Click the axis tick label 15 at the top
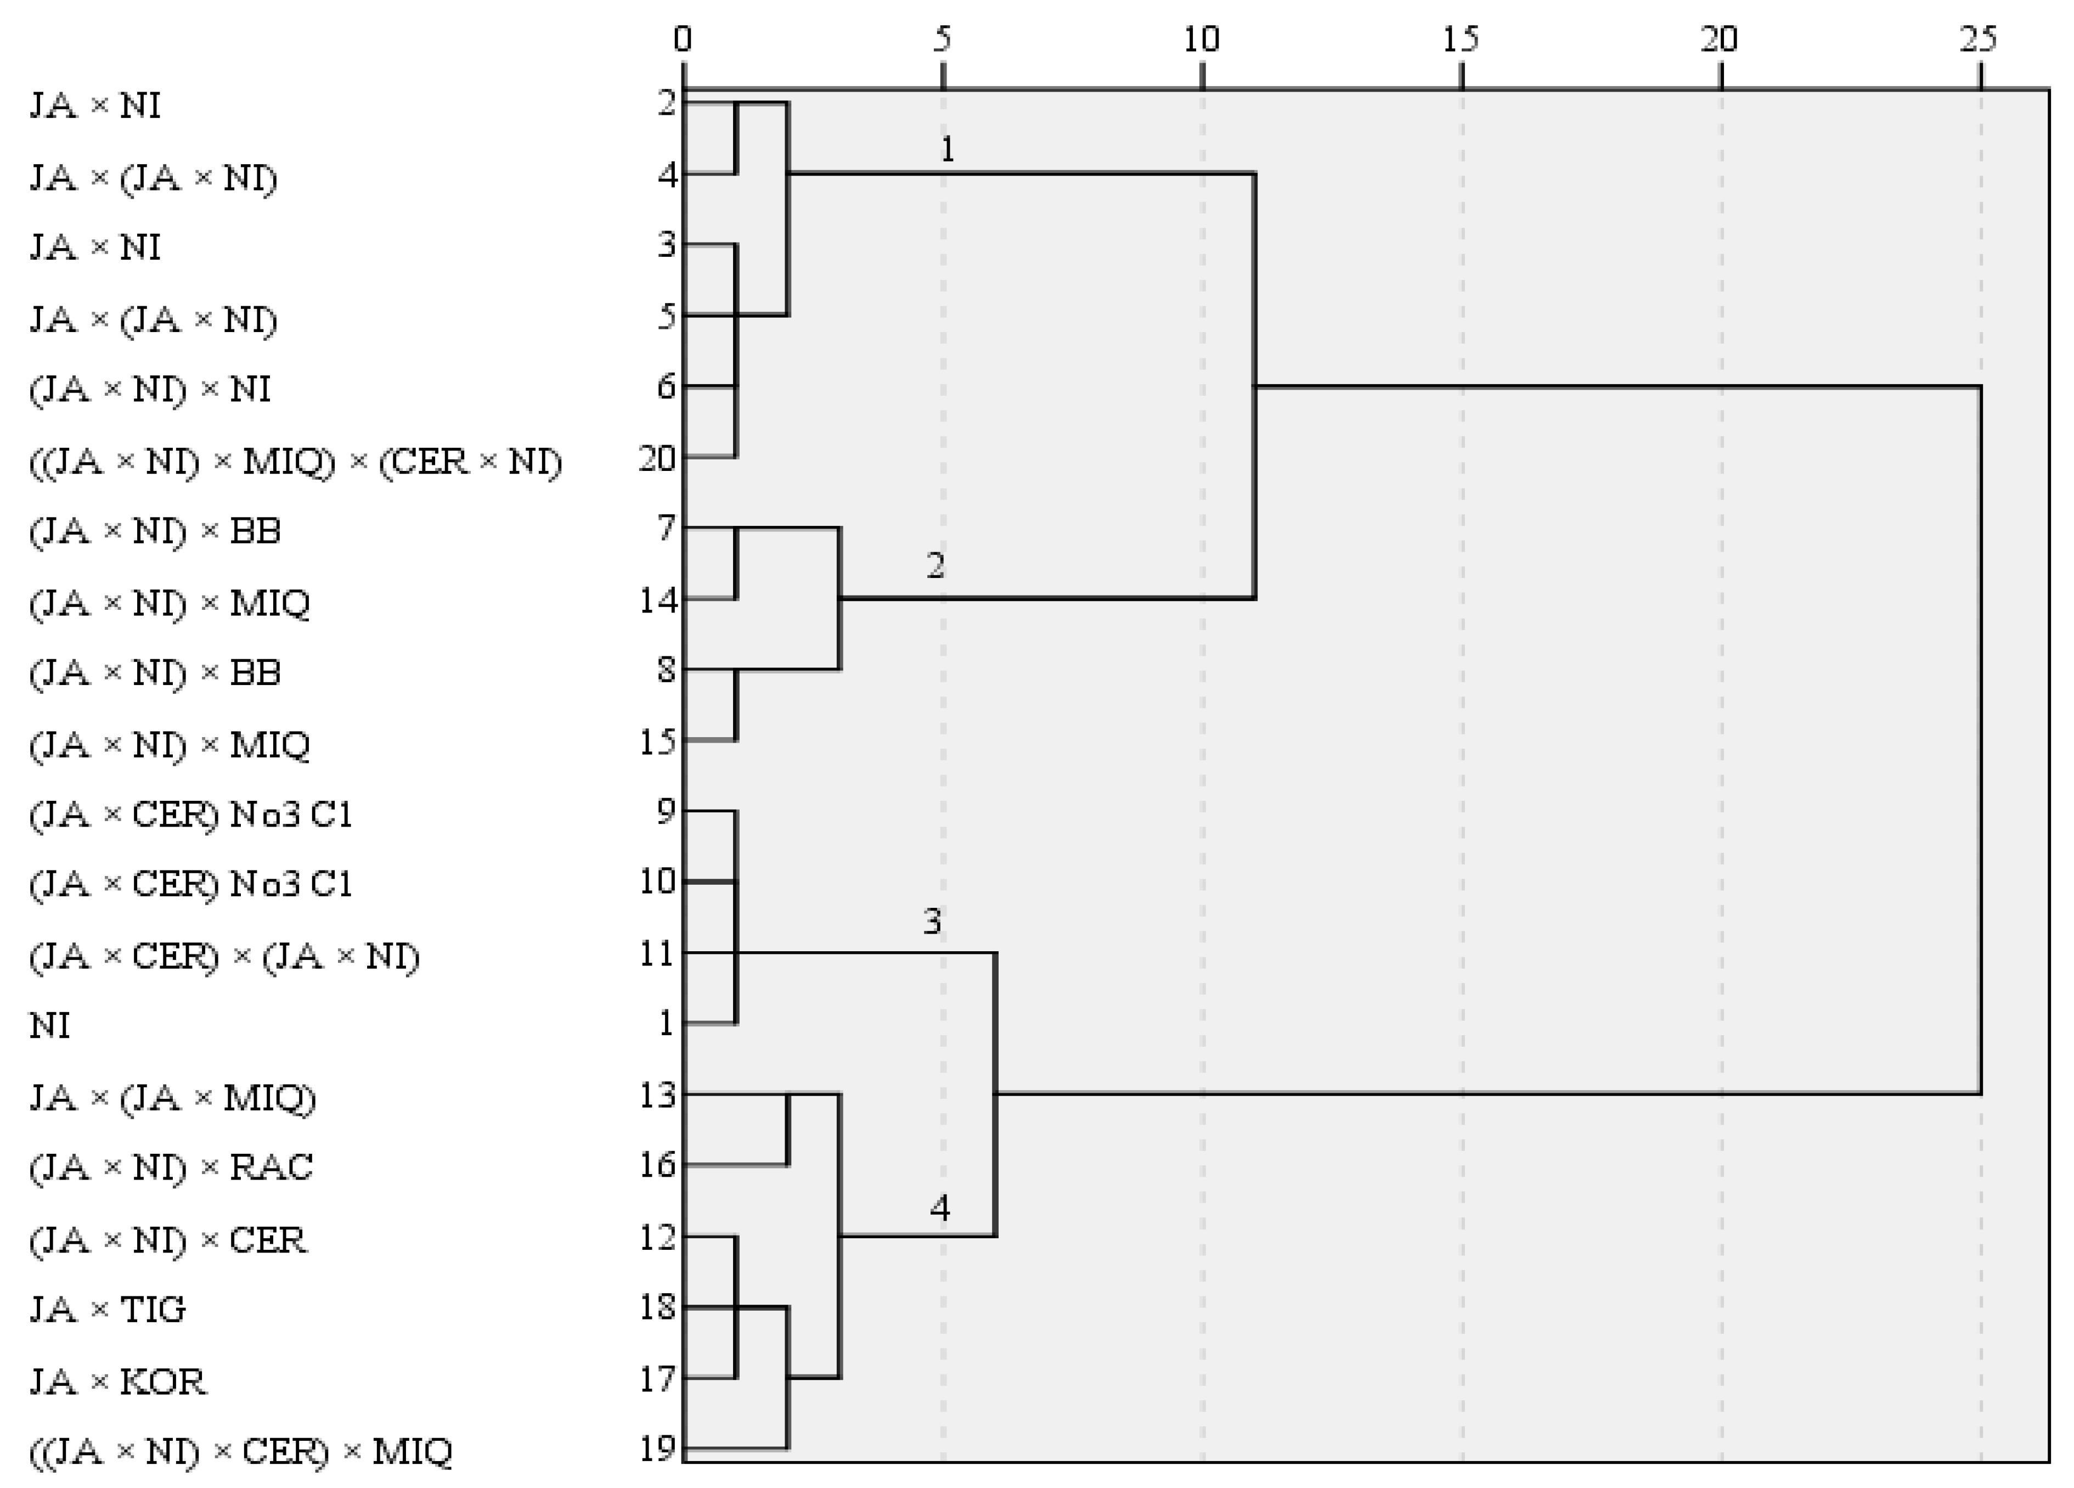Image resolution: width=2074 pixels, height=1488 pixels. [x=1461, y=40]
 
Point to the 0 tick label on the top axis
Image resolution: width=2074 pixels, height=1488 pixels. [x=682, y=40]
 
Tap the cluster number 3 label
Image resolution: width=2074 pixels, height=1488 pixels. [x=932, y=921]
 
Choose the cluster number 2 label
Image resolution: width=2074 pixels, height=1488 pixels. [x=934, y=566]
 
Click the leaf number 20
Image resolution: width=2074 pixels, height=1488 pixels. [x=657, y=458]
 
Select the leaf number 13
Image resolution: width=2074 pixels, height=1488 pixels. [x=657, y=1095]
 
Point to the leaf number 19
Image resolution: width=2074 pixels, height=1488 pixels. [x=657, y=1448]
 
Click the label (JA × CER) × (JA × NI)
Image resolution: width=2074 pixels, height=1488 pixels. [x=224, y=956]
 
